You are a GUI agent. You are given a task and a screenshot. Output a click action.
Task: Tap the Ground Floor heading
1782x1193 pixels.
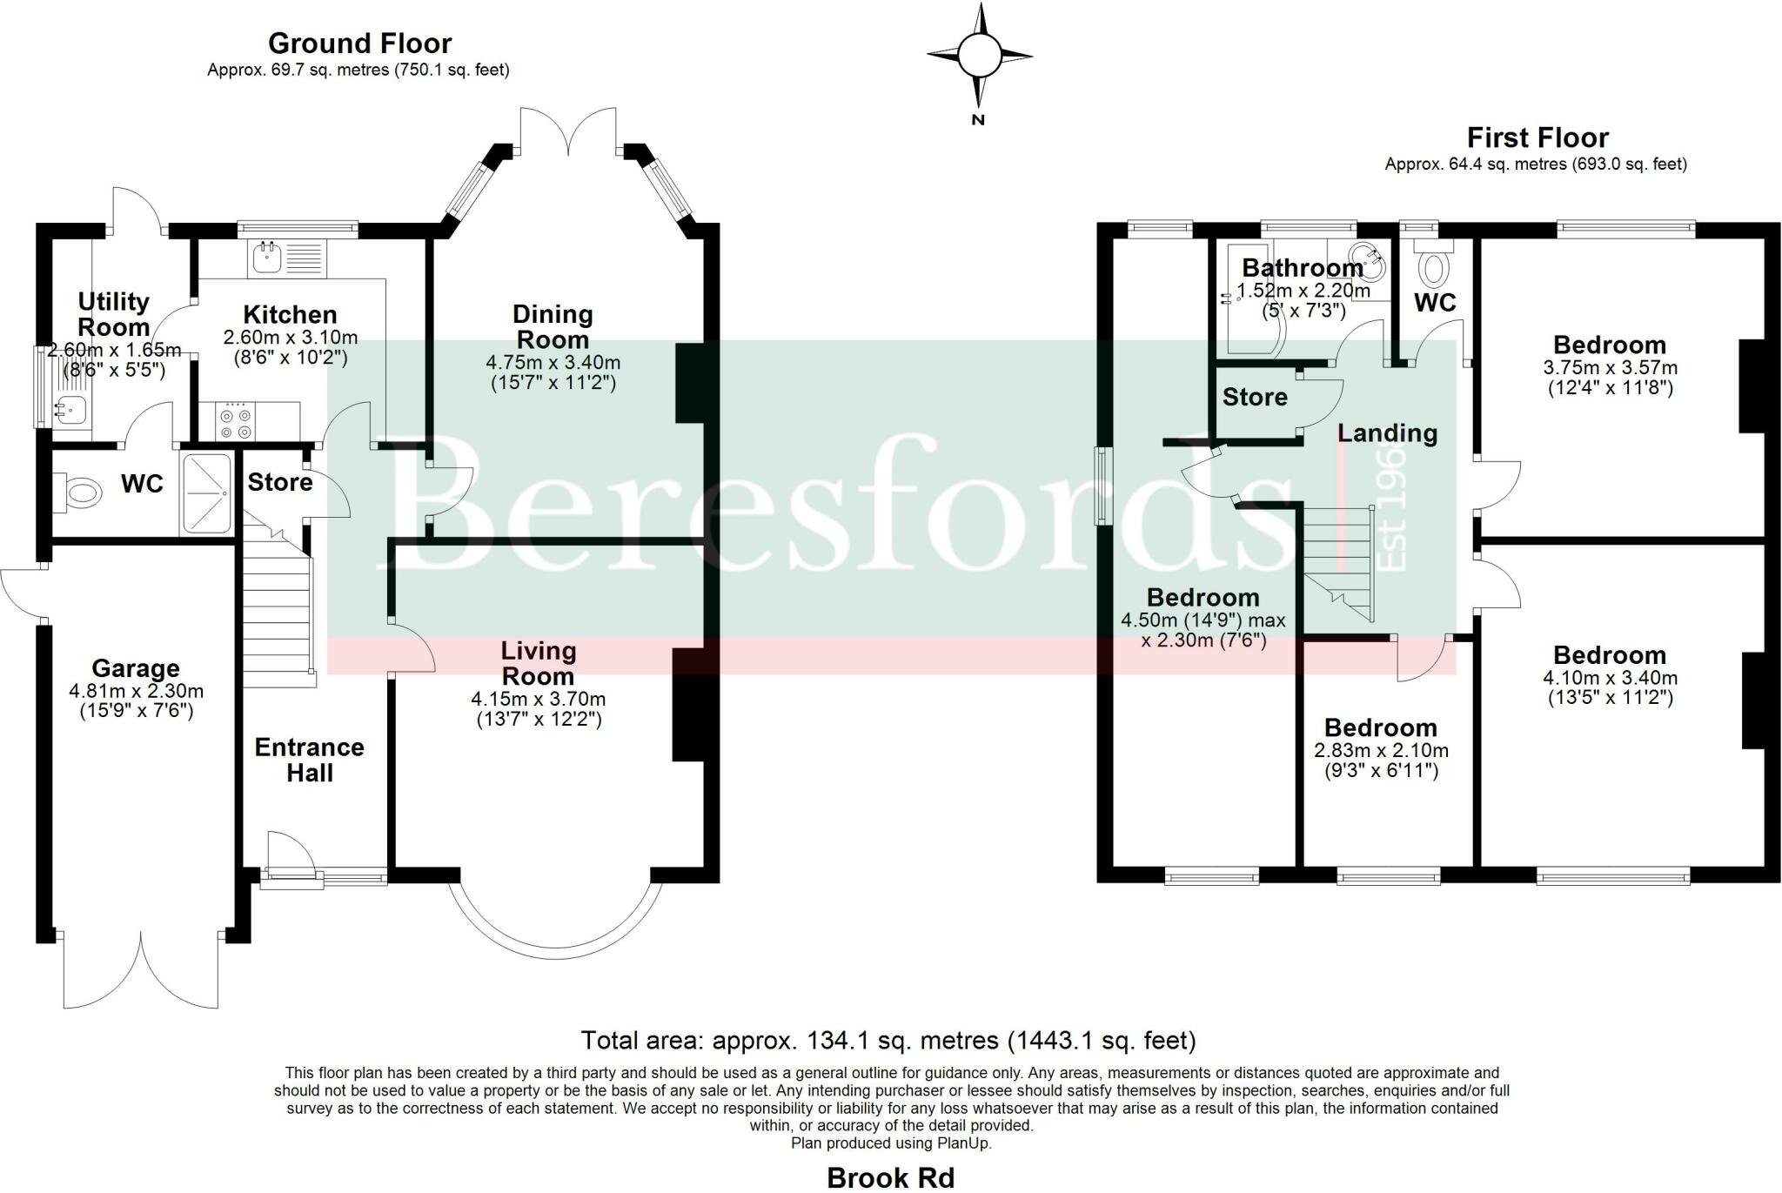tap(359, 43)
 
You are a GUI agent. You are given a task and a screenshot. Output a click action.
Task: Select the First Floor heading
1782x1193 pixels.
tap(1537, 137)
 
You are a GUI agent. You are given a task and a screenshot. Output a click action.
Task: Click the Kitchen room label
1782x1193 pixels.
tap(290, 314)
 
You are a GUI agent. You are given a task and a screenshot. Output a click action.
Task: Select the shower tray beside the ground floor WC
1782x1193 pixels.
tap(206, 493)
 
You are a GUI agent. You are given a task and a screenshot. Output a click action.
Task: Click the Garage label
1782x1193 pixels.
tap(136, 668)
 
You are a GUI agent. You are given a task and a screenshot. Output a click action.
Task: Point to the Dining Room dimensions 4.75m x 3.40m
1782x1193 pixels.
tap(553, 362)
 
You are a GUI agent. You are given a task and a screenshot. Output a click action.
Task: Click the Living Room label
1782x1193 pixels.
tap(539, 663)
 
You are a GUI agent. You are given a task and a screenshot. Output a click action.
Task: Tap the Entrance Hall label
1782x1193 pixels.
tap(310, 760)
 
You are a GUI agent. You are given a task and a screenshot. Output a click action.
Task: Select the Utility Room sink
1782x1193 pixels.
tap(69, 407)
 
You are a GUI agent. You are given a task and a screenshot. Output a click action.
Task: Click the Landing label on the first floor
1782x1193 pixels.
tap(1387, 432)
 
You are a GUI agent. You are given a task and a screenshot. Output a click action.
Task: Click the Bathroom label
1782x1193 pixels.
tap(1302, 268)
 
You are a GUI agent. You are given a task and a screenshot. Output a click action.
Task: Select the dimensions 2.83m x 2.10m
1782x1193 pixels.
tap(1381, 750)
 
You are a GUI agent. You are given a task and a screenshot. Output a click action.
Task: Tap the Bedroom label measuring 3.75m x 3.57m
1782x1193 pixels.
tap(1610, 345)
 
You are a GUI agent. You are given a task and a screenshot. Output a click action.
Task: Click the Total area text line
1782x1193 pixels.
tap(888, 1041)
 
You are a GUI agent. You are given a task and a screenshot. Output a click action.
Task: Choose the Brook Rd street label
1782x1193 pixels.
tap(890, 1177)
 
